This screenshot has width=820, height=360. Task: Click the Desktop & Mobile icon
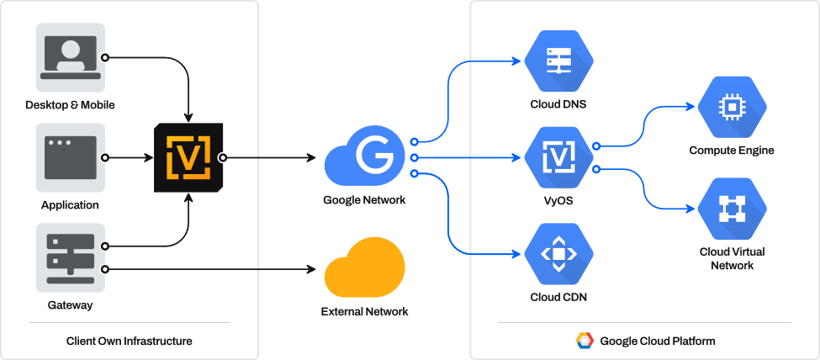coord(70,58)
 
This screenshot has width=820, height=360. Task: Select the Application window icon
coord(70,157)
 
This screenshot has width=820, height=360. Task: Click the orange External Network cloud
coord(364,270)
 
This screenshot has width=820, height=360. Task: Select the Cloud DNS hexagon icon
coord(559,59)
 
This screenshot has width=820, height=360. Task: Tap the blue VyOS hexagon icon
coord(559,156)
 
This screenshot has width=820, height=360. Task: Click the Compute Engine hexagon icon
coord(733,107)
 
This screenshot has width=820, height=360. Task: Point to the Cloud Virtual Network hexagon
coord(733,208)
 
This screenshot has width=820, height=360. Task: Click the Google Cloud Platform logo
coord(585,341)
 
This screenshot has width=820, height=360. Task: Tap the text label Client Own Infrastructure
coord(129,341)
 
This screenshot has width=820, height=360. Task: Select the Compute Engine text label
coord(732,151)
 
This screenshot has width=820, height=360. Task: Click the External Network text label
coord(364,311)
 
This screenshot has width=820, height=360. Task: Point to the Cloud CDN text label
coord(558,297)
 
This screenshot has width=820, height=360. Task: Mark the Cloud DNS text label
coord(558,104)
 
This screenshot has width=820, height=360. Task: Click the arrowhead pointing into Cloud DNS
coord(519,60)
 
